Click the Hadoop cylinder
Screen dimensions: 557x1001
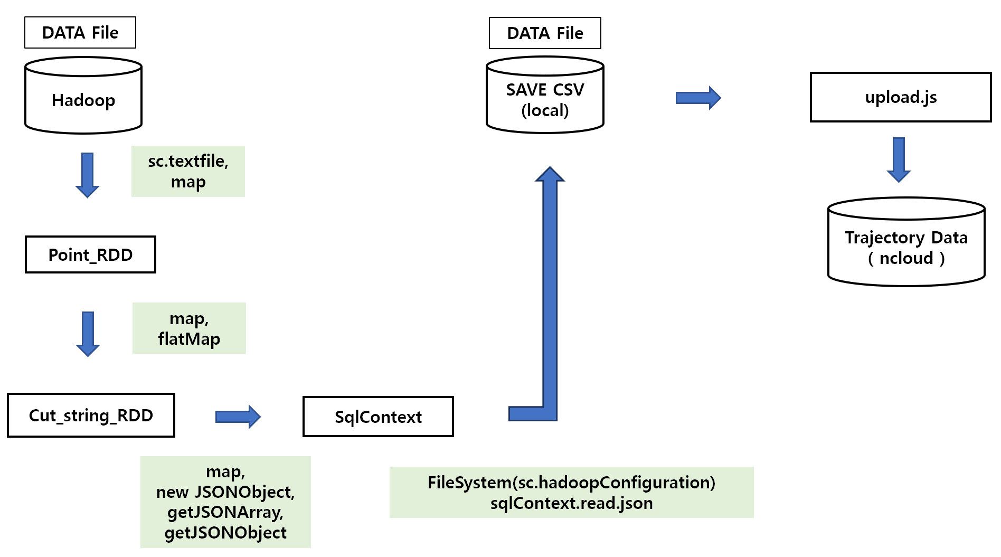83,100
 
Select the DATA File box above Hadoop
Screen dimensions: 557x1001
80,33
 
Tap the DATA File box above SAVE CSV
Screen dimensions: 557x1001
545,33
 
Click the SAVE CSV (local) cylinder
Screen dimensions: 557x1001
545,100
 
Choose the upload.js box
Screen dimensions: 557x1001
901,97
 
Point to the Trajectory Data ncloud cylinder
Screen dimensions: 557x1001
906,248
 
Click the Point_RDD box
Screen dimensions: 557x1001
90,255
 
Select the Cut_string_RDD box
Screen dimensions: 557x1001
91,416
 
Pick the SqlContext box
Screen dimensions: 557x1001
378,417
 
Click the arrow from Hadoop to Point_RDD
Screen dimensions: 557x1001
88,175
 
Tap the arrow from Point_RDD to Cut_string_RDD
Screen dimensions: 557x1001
88,334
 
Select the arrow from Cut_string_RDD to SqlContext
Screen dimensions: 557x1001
238,417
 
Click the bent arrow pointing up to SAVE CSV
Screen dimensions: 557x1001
550,296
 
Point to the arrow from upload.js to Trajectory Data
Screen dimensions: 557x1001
899,159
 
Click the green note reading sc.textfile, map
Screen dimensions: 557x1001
188,171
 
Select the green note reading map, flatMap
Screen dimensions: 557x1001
189,328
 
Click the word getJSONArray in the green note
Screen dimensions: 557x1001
225,512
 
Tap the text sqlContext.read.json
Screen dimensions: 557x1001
571,503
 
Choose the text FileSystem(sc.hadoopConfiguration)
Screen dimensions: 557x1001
571,483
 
